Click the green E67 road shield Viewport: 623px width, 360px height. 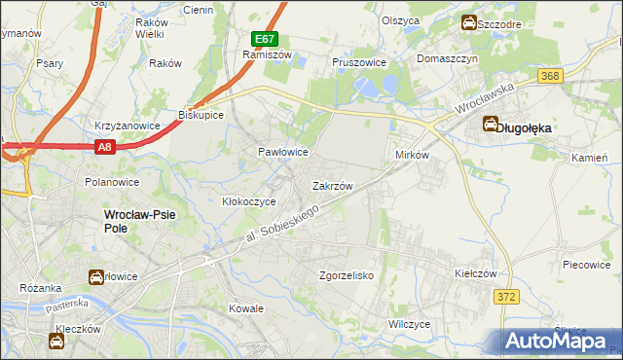tap(265, 39)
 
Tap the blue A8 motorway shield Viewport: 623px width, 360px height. tap(106, 147)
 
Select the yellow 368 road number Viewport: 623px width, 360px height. tap(552, 76)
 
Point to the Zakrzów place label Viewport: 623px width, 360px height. tap(331, 185)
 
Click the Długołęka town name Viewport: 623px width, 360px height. tap(525, 126)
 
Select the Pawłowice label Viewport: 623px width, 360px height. tap(282, 153)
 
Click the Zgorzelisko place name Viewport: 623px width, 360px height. tap(348, 275)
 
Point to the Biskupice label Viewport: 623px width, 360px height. tap(202, 115)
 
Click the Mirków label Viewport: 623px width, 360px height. tap(412, 156)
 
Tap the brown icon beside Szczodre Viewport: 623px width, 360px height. tap(469, 22)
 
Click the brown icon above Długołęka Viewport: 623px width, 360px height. tap(489, 124)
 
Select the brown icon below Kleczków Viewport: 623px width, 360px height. tap(55, 341)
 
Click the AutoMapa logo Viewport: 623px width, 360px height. tap(558, 341)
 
